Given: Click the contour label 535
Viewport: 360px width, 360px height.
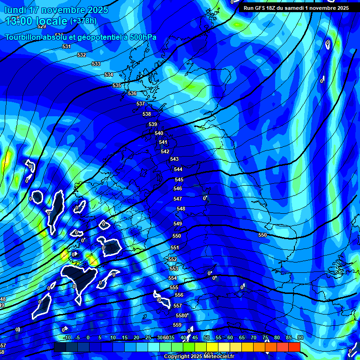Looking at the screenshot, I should (x=117, y=85).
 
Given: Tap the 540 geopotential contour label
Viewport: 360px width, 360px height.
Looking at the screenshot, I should (x=159, y=134).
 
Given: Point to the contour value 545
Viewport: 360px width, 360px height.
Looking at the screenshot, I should (x=179, y=180).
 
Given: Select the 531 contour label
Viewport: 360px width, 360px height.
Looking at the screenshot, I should (x=67, y=47).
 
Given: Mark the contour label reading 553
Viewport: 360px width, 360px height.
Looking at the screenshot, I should (x=173, y=269).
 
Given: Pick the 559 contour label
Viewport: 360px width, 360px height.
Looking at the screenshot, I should (x=177, y=325).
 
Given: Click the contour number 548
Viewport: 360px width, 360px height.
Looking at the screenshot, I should (x=181, y=209).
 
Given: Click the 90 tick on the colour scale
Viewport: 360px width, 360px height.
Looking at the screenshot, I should (x=300, y=337).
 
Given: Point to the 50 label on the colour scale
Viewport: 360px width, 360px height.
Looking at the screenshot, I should (x=207, y=337).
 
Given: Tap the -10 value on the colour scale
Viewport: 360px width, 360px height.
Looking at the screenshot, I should (x=67, y=337).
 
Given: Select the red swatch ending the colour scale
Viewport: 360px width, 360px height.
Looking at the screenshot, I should (x=294, y=347).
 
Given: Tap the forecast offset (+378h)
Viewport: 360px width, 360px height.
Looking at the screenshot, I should (x=83, y=21).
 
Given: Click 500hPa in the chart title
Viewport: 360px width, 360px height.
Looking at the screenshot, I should (x=140, y=37).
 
